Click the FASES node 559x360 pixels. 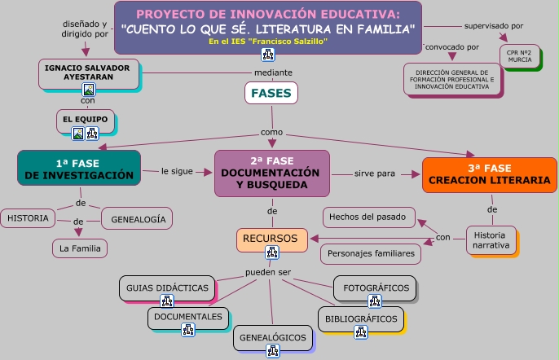pyautogui.click(x=271, y=94)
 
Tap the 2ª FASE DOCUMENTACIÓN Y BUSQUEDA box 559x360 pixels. pyautogui.click(x=272, y=173)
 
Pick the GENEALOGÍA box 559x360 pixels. pyautogui.click(x=138, y=218)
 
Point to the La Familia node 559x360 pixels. pyautogui.click(x=77, y=247)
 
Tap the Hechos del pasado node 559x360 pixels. pyautogui.click(x=369, y=217)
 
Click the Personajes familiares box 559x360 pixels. pyautogui.click(x=371, y=254)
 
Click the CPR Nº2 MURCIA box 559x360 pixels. pyautogui.click(x=519, y=56)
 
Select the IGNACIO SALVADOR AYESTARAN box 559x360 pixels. pyautogui.click(x=90, y=71)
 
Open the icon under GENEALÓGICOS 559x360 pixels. pyautogui.click(x=273, y=351)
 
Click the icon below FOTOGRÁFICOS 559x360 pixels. pyautogui.click(x=374, y=301)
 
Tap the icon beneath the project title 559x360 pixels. pyautogui.click(x=267, y=55)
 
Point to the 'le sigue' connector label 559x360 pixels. pyautogui.click(x=177, y=172)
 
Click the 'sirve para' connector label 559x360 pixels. pyautogui.click(x=375, y=173)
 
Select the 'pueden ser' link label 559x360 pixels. pyautogui.click(x=269, y=272)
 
